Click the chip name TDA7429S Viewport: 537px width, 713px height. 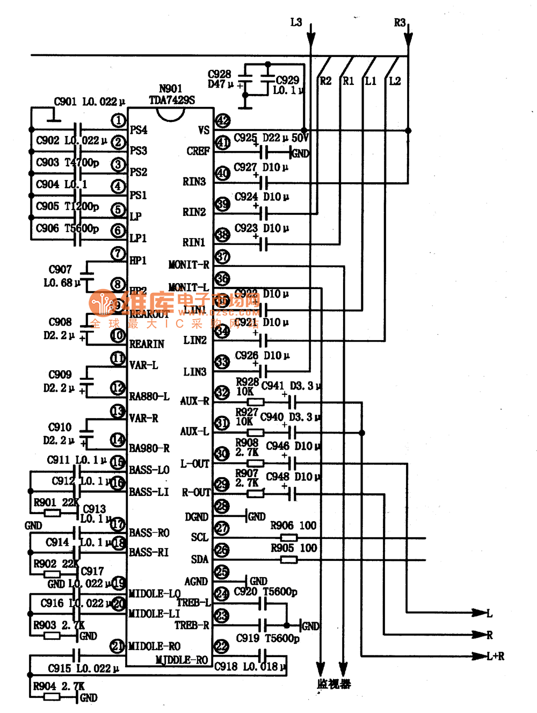(x=172, y=100)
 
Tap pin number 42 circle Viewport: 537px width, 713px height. (x=222, y=121)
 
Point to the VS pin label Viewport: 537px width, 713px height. (x=204, y=131)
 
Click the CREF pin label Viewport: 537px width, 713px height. (x=198, y=152)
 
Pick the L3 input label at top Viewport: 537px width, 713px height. (x=296, y=23)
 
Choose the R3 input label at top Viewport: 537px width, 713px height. (x=400, y=23)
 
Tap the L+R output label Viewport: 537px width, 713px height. (x=495, y=656)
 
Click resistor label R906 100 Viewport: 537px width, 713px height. (x=293, y=525)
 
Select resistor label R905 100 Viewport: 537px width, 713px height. (x=293, y=548)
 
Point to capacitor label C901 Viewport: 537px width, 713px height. (x=66, y=102)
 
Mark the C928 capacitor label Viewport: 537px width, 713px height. (x=219, y=74)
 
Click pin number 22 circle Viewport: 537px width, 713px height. (x=222, y=646)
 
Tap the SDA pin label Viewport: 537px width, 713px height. (x=200, y=559)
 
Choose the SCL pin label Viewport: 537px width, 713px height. (x=200, y=537)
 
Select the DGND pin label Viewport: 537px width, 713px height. (x=197, y=517)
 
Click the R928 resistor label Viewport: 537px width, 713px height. (x=247, y=381)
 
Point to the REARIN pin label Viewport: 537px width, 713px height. (x=147, y=344)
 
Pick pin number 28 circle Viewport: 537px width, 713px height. (x=222, y=507)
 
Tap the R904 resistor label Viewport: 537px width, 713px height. (x=45, y=686)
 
